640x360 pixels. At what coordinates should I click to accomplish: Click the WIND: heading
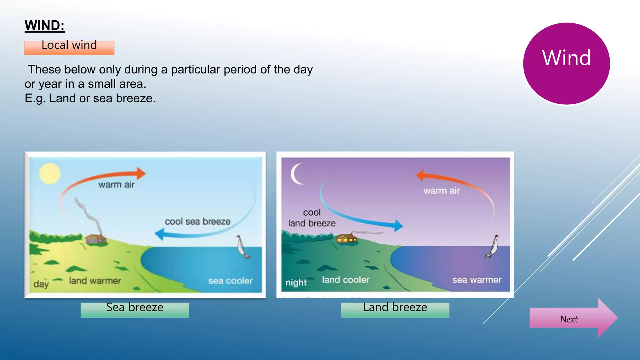[x=44, y=25]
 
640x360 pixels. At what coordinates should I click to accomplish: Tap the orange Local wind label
[x=69, y=47]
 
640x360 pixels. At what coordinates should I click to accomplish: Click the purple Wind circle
[x=566, y=63]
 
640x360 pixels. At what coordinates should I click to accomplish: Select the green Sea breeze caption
[x=135, y=309]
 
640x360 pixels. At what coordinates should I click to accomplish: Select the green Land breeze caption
[x=395, y=309]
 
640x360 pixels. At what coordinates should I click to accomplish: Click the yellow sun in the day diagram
[x=50, y=173]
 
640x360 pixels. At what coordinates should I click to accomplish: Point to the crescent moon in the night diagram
[x=296, y=174]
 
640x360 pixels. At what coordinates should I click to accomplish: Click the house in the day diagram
[x=96, y=239]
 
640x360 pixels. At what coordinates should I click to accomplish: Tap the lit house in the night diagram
[x=346, y=238]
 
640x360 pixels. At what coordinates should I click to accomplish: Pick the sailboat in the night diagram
[x=493, y=247]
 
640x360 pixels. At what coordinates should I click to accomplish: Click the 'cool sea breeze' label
[x=197, y=222]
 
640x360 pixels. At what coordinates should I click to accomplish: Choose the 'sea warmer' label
[x=477, y=280]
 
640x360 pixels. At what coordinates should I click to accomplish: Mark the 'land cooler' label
[x=346, y=280]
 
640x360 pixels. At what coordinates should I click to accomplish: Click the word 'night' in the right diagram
[x=296, y=282]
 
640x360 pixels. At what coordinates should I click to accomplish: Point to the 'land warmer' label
[x=95, y=281]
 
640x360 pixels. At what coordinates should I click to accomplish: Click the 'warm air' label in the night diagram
[x=442, y=191]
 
